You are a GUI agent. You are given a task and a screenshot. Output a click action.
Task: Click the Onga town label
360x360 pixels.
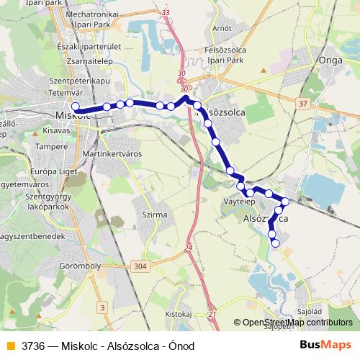(330, 62)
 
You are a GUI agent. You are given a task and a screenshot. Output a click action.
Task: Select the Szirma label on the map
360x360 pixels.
(155, 215)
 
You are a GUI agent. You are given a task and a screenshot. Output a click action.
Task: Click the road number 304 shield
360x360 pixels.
(140, 266)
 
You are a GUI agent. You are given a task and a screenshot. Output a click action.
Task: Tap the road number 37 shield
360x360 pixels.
(302, 104)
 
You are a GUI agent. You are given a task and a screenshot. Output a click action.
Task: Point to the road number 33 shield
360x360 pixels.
(166, 12)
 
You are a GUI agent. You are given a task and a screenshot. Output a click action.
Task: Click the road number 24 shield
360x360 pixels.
(189, 248)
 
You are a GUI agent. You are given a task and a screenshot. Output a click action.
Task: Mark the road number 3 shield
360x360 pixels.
(102, 308)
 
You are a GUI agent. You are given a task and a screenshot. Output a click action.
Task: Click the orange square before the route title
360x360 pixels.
(10, 346)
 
